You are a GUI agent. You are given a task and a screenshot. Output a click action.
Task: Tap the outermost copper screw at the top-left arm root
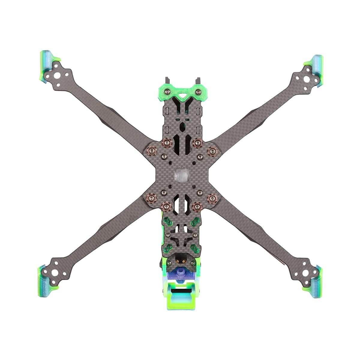pos(151,150)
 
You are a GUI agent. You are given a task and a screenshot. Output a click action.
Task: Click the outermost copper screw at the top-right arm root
pos(213,151)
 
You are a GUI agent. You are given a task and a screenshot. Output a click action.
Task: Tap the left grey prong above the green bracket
pos(167,81)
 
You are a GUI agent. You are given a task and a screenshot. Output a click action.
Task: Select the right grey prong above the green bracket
pos(197,81)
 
